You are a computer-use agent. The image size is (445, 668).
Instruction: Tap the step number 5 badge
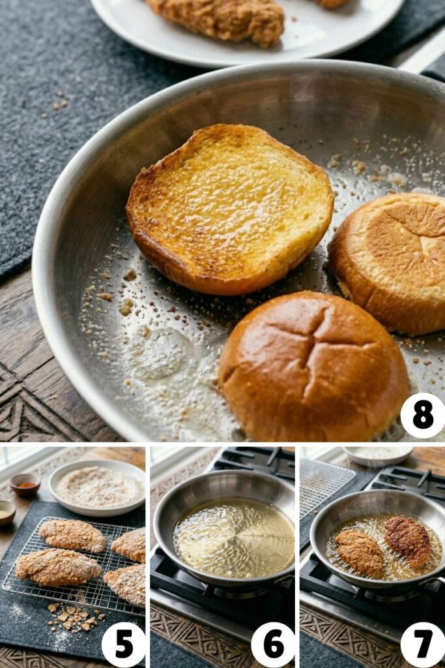124,645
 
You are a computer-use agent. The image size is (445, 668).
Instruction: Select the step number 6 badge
273,645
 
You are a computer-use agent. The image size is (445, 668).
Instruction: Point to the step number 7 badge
423,645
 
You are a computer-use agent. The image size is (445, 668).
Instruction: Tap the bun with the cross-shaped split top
313,365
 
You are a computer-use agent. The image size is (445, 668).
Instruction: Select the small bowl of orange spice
25,484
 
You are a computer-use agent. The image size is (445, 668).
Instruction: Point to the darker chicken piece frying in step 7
407,541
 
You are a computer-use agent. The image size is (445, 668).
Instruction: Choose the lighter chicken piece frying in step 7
360,553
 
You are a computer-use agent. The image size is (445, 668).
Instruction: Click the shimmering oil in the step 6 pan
233,538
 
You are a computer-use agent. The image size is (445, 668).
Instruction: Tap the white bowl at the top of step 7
377,454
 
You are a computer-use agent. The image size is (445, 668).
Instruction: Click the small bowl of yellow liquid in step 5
6,512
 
